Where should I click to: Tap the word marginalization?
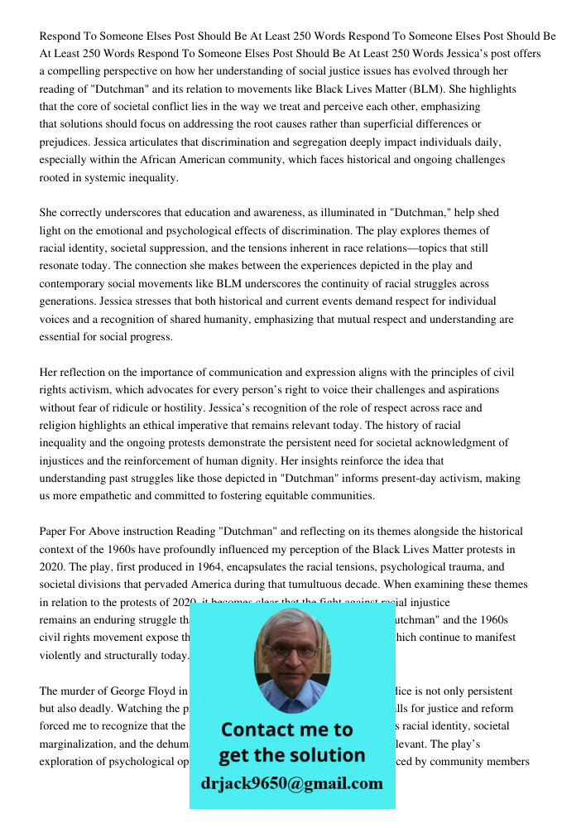click(x=78, y=744)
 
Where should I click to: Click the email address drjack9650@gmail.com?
click(x=291, y=783)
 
